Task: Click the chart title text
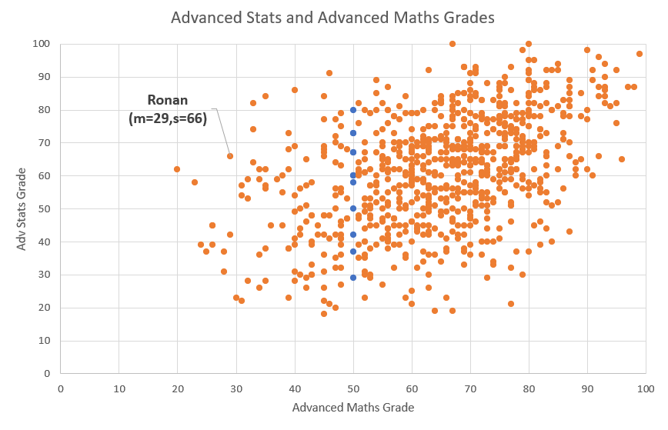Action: [333, 17]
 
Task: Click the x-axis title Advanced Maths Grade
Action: [353, 408]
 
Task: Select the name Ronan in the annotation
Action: [168, 100]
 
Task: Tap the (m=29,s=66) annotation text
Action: [168, 118]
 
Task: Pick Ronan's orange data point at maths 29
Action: [230, 156]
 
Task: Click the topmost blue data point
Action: [353, 110]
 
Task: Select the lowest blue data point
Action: [353, 278]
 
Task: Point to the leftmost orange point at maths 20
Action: [177, 169]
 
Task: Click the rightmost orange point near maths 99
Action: [640, 54]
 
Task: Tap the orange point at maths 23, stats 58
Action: [195, 182]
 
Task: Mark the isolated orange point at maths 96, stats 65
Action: [622, 159]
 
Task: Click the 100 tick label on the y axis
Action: [42, 44]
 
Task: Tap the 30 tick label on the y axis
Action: [45, 275]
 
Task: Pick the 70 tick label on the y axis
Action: [45, 143]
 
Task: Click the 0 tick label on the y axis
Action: [48, 374]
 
